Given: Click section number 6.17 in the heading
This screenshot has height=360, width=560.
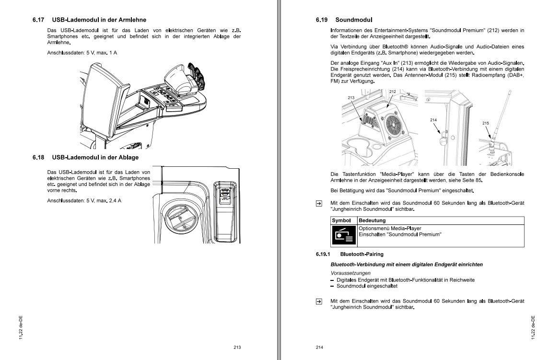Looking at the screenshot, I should (x=38, y=20).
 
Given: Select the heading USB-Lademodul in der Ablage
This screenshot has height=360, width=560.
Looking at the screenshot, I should (x=95, y=157).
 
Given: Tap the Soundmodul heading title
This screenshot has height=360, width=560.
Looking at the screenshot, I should (x=354, y=20).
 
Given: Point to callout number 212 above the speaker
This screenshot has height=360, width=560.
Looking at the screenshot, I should (x=392, y=92).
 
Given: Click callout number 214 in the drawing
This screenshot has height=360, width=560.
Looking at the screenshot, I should (x=433, y=119).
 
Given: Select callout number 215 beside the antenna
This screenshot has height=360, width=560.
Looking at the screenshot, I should (x=486, y=123).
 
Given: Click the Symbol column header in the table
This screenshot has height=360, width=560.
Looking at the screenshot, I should (x=341, y=221).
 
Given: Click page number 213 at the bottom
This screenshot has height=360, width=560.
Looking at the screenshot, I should (x=237, y=348).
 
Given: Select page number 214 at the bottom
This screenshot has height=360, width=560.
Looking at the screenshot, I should (x=320, y=348).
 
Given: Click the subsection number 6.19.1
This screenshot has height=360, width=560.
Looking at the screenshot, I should (x=324, y=254).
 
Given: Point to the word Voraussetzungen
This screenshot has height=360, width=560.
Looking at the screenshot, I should (x=347, y=273).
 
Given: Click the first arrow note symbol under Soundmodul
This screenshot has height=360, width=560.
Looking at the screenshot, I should (x=319, y=203).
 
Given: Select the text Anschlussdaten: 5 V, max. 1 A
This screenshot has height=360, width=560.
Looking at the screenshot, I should (x=82, y=52).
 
